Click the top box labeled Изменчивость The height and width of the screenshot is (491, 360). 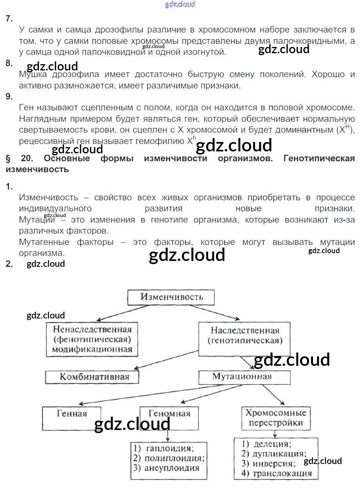pos(171,297)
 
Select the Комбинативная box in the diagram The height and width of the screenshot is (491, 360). pos(92,377)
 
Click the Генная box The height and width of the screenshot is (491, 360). pos(72,419)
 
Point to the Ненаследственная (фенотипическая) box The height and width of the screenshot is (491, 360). pos(92,339)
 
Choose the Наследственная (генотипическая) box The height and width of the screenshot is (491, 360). pos(245,339)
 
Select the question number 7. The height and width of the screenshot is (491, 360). pos(9,19)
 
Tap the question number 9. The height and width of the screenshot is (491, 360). pos(9,97)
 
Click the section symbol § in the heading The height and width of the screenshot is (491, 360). pos(8,158)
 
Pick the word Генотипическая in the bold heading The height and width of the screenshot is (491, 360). pos(319,158)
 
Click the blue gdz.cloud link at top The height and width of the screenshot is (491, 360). pos(180,4)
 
